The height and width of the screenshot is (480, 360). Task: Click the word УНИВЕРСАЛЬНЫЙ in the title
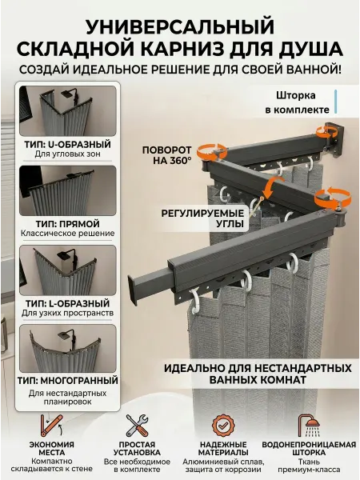(180, 26)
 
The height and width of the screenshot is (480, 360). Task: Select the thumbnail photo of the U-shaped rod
(68, 111)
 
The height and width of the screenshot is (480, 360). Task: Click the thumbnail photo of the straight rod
(68, 190)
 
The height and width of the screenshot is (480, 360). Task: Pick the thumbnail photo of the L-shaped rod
(68, 270)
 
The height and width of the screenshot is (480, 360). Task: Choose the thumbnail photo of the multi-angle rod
(68, 349)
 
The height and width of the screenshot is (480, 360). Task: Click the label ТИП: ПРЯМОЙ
(68, 224)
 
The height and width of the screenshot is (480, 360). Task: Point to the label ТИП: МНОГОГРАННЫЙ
(68, 381)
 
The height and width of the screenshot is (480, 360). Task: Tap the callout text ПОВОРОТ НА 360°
(167, 155)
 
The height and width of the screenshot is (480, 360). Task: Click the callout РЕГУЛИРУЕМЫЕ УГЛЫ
(202, 218)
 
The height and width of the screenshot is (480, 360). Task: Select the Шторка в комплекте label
(297, 102)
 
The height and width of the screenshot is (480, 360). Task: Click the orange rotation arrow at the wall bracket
(327, 133)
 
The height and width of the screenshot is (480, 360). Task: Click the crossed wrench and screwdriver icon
(137, 426)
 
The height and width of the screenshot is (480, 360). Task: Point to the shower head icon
(309, 426)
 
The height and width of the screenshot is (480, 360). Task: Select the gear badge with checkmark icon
(223, 426)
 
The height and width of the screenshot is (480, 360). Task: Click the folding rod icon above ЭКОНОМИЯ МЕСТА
(51, 426)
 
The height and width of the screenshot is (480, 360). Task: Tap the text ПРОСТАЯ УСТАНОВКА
(137, 449)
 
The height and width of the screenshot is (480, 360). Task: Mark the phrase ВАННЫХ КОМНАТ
(258, 380)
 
